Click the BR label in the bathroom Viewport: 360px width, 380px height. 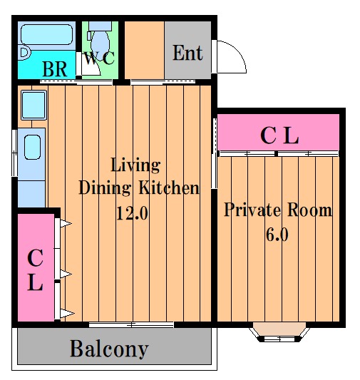coord(55,69)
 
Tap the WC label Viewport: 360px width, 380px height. coord(99,58)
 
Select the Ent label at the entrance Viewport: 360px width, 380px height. coord(187,53)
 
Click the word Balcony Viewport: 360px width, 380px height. coord(109,349)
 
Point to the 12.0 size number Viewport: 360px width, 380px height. coord(132,213)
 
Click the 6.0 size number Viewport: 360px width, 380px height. coord(277,235)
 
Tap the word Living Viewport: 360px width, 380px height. coord(135,165)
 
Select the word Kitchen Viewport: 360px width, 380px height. coord(169,188)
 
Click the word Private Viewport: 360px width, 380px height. coord(252,210)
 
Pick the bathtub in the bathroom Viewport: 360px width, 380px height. coord(47,35)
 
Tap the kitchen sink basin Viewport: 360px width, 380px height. coord(33,147)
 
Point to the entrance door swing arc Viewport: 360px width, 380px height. coord(239,50)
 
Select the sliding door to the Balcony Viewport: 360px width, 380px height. coord(131,324)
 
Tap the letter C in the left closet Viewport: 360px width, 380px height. coord(36,258)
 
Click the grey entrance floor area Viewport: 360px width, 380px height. coord(187,50)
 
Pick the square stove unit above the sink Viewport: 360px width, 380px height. coord(34,106)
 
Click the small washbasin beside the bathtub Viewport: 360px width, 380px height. coord(25,53)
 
